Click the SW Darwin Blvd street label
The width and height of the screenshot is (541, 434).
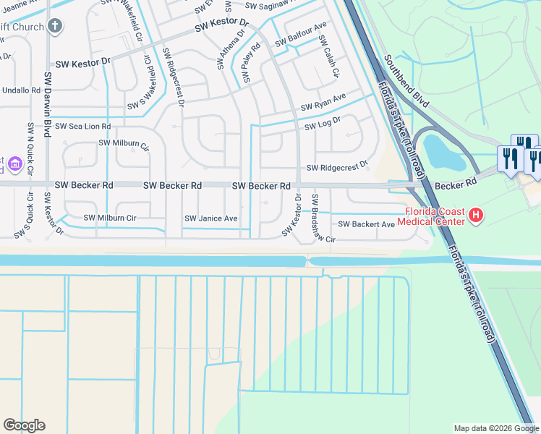[x=48, y=104]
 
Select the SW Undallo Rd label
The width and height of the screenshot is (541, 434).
[x=20, y=90]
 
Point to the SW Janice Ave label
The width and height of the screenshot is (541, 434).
[x=210, y=218]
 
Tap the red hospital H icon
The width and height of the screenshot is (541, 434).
[x=476, y=215]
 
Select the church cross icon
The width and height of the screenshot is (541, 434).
[x=55, y=27]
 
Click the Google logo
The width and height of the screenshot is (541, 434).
[x=24, y=425]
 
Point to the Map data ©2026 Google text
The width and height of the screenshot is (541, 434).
[x=495, y=428]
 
